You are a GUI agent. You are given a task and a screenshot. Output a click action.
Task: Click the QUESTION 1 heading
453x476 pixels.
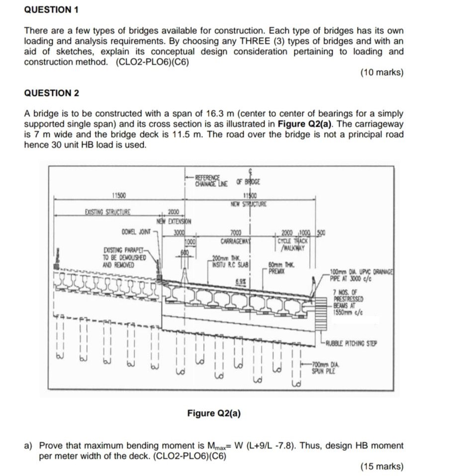(x=52, y=10)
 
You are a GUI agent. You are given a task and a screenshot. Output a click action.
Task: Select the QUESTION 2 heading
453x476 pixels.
(x=52, y=93)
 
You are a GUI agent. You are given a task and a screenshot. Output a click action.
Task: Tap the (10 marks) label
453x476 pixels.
(x=381, y=72)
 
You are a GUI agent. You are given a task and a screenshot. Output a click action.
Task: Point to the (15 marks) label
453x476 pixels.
(x=381, y=466)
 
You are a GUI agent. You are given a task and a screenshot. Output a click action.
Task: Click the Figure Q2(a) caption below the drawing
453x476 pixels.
(x=214, y=412)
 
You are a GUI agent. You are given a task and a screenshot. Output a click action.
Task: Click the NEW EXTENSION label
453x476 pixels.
(x=175, y=221)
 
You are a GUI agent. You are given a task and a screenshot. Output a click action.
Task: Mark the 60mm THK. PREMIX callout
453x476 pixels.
(x=279, y=268)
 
